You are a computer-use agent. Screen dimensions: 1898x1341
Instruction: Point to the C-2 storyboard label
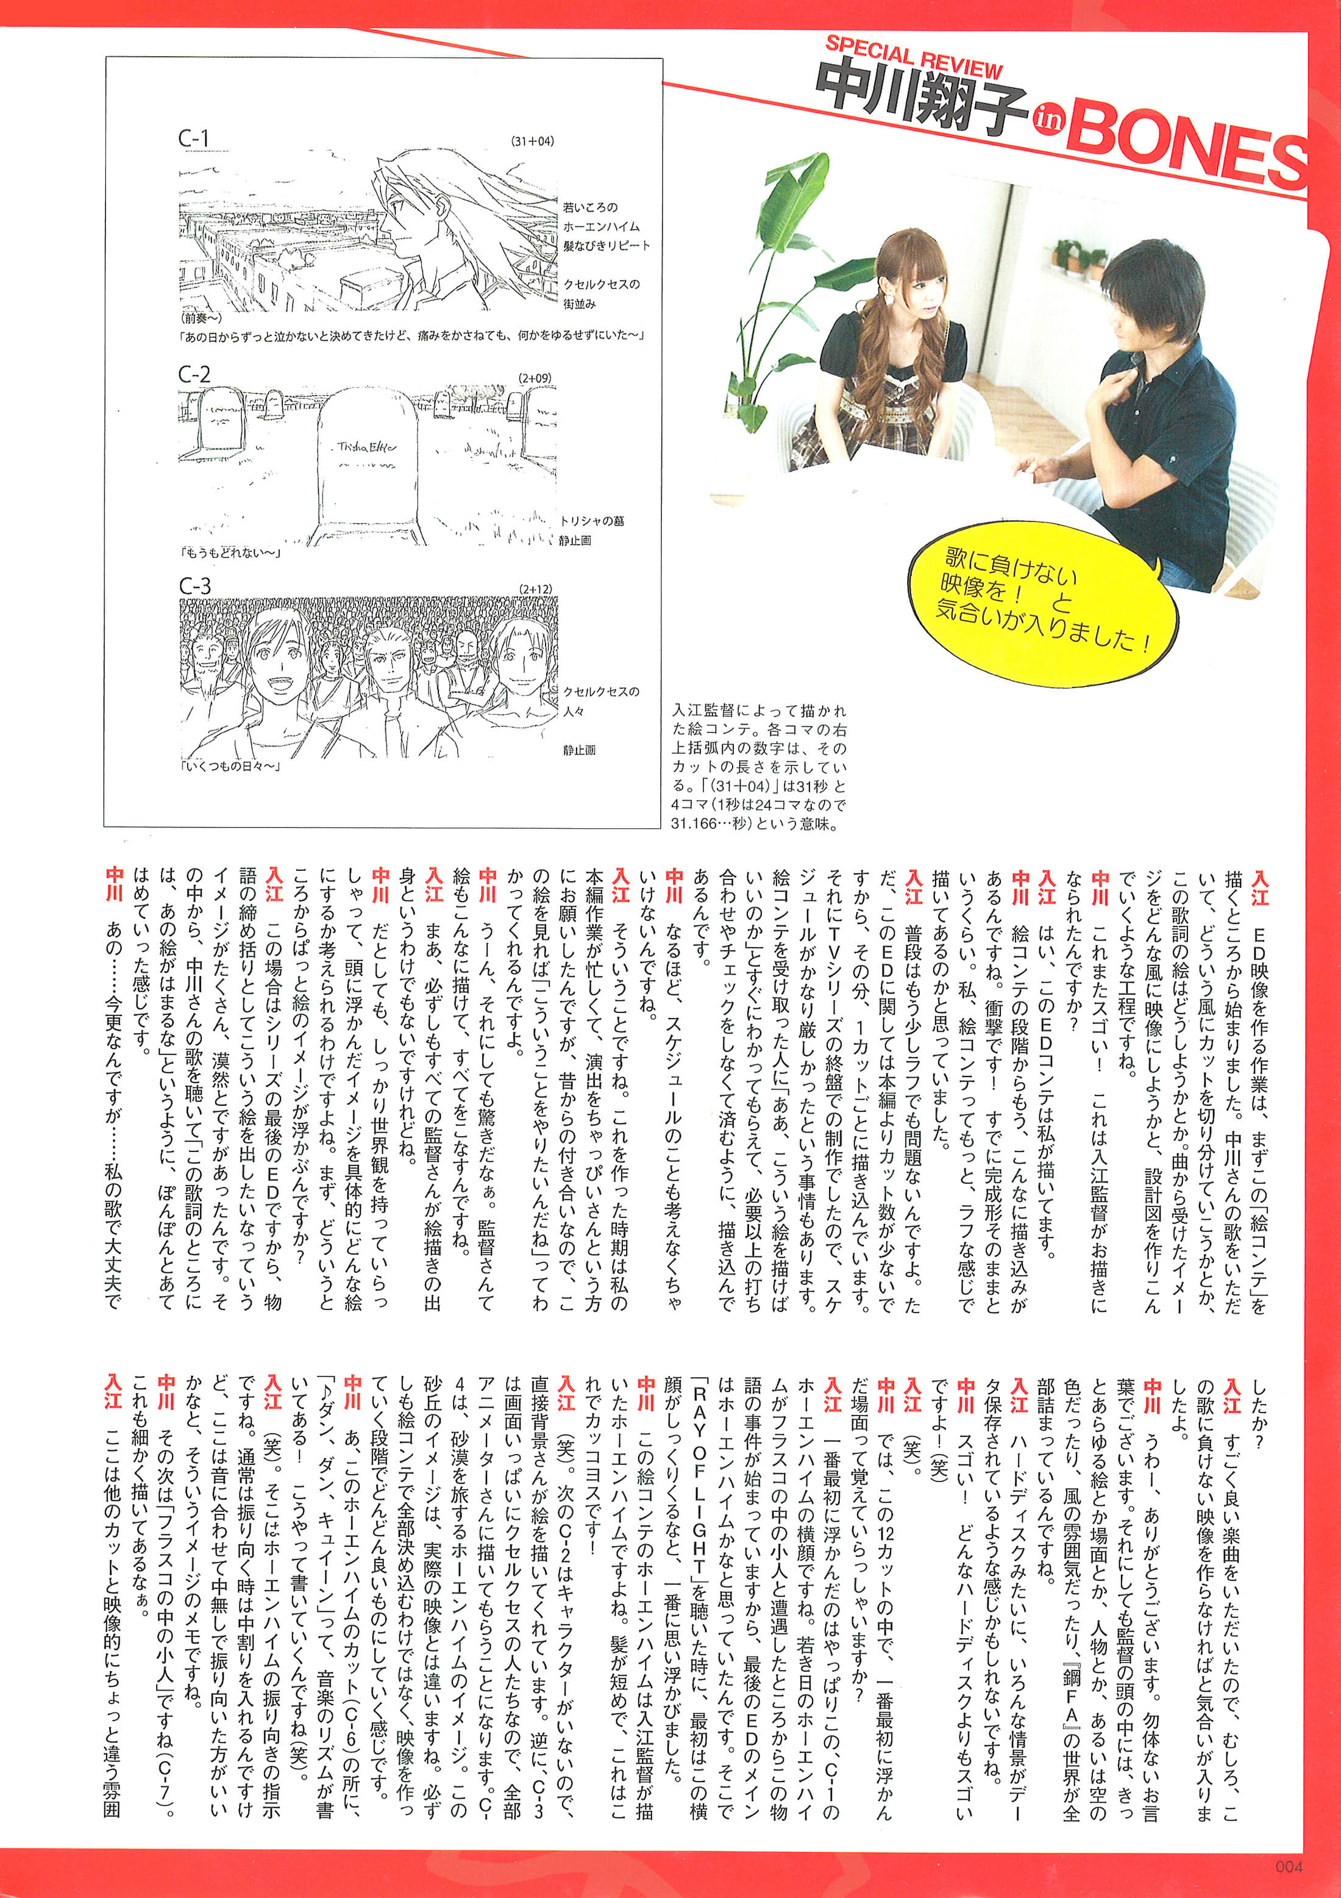tap(194, 374)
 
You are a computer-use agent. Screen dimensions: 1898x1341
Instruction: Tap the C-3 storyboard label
tap(195, 586)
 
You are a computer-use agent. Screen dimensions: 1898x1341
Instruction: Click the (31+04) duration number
tap(532, 141)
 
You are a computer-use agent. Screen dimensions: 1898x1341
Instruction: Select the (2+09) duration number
tap(535, 378)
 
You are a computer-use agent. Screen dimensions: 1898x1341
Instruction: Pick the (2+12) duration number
tap(535, 589)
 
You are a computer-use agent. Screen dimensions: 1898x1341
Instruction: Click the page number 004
tap(1289, 1866)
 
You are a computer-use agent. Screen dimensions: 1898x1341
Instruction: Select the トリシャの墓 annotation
tap(592, 521)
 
